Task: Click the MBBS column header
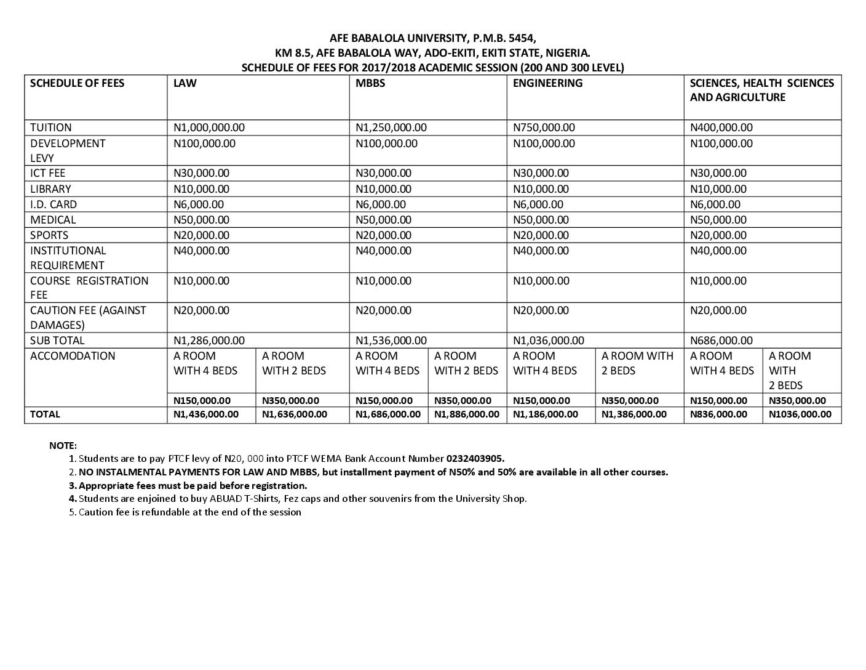[371, 83]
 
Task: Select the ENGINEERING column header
[547, 83]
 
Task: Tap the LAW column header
[185, 83]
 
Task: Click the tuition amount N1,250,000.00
[391, 127]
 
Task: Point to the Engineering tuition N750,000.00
[544, 127]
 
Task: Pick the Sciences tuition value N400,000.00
[721, 127]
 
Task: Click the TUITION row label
[51, 127]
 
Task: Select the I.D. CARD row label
[54, 204]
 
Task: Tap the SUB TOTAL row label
[57, 341]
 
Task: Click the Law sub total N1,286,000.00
[209, 341]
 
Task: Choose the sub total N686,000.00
[721, 341]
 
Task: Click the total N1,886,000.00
[467, 414]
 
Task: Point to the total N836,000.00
[719, 414]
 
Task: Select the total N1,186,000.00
[546, 414]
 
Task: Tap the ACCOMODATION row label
[73, 356]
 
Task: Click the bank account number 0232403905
[475, 459]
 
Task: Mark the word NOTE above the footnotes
[63, 445]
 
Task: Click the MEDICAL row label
[53, 220]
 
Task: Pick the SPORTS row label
[49, 235]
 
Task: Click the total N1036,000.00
[800, 414]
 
